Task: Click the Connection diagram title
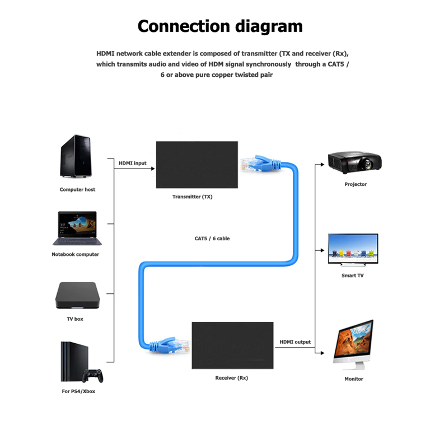click(x=219, y=26)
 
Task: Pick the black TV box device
click(x=77, y=295)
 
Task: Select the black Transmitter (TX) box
click(x=197, y=165)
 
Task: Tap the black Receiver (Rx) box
click(x=232, y=345)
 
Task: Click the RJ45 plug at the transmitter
click(x=250, y=163)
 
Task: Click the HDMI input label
click(x=132, y=163)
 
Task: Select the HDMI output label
click(x=295, y=342)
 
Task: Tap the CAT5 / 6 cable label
click(x=212, y=239)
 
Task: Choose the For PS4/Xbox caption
click(x=78, y=391)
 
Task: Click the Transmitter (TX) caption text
click(x=192, y=197)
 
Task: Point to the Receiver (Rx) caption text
click(x=231, y=378)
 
